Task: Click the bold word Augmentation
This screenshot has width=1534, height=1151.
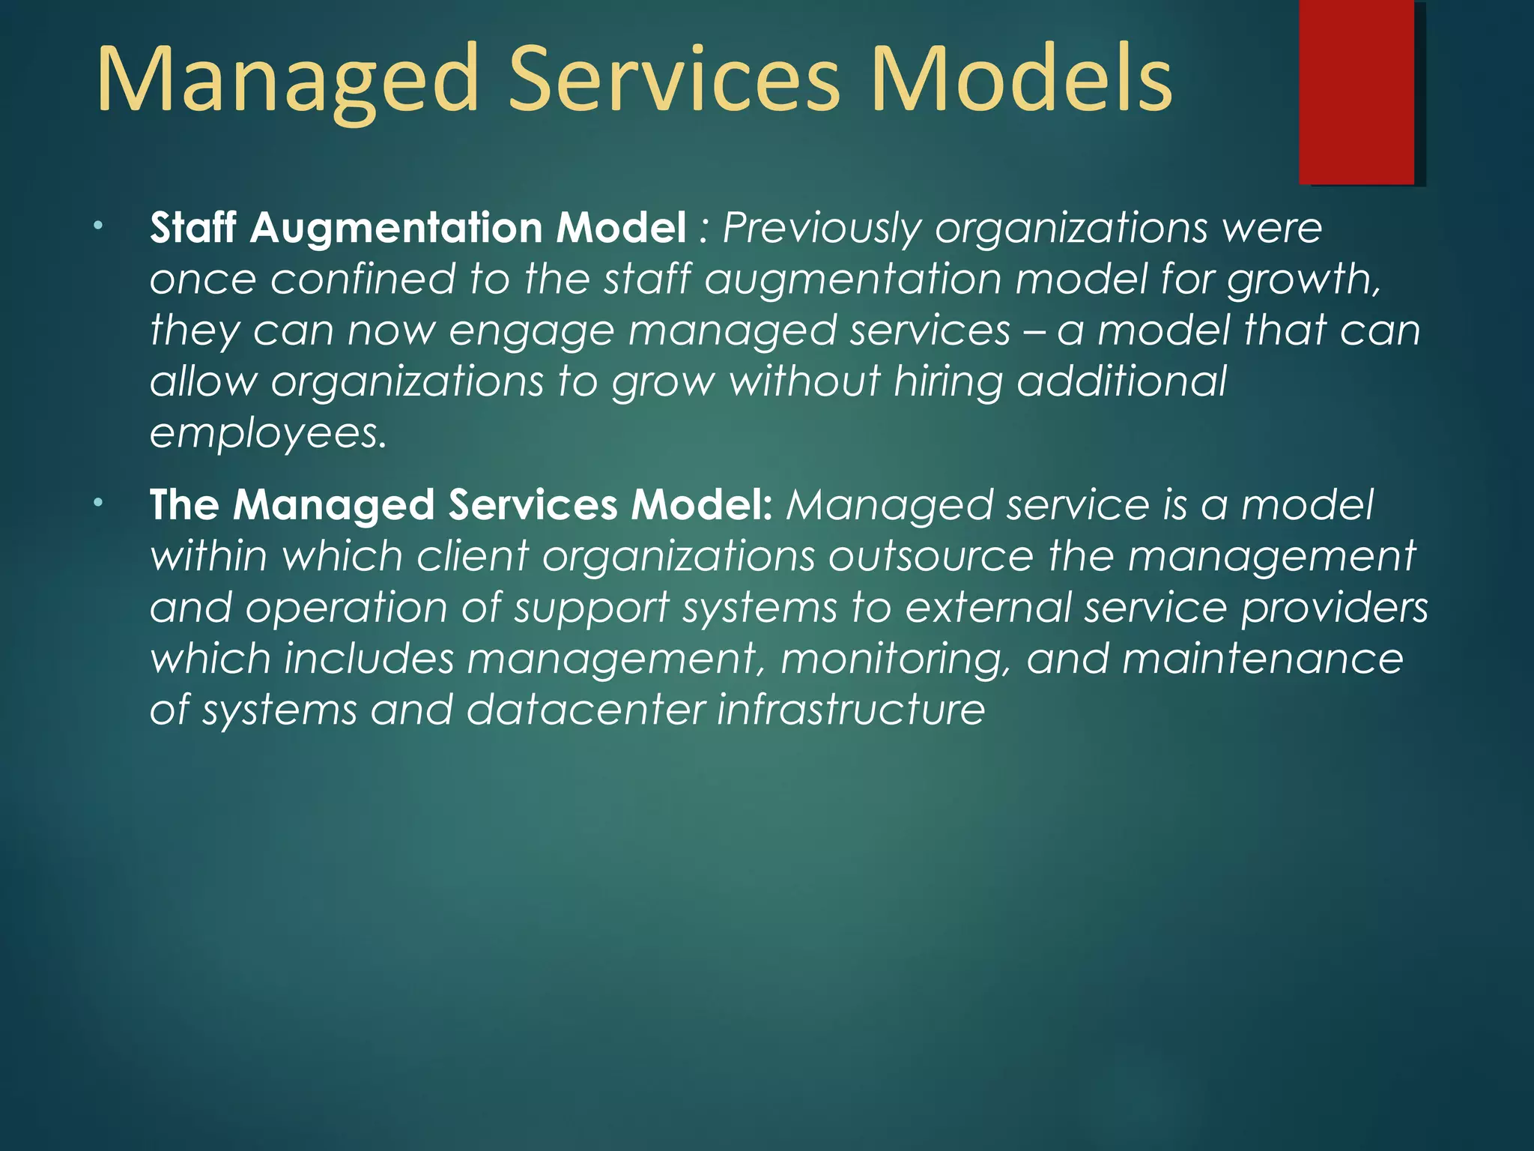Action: coord(396,228)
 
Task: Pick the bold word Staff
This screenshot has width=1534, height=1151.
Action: coord(193,227)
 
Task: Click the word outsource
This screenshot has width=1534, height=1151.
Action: coord(931,557)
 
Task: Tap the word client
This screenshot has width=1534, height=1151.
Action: coord(473,557)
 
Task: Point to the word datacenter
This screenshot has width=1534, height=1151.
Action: coord(585,710)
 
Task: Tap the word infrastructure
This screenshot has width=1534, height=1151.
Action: coord(851,710)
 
